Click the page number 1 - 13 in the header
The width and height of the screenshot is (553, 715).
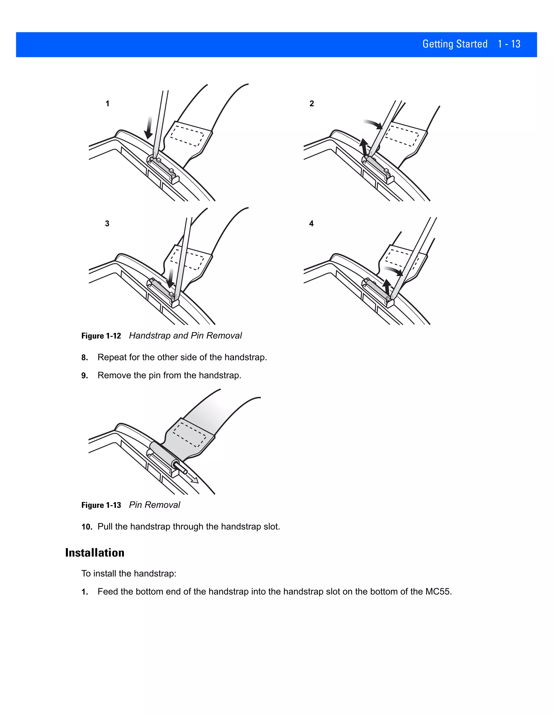tap(509, 44)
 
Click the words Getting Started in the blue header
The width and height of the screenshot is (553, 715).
tap(455, 44)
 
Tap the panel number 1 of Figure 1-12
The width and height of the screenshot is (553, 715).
tap(107, 104)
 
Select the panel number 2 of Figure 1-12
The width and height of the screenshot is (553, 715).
tap(312, 104)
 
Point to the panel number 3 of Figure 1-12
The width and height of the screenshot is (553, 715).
tap(107, 224)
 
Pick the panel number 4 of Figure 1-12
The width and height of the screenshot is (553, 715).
tap(311, 224)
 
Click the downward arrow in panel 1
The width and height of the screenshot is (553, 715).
tap(149, 128)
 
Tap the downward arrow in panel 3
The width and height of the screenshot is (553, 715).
tap(171, 278)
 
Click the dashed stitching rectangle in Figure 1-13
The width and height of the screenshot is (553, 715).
tap(190, 434)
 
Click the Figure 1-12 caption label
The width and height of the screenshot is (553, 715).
tap(101, 336)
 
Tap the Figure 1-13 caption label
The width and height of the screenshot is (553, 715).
tap(101, 505)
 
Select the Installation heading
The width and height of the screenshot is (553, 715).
tap(95, 553)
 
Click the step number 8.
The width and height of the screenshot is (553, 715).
tap(85, 358)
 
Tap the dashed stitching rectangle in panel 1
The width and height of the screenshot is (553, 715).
tap(187, 134)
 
